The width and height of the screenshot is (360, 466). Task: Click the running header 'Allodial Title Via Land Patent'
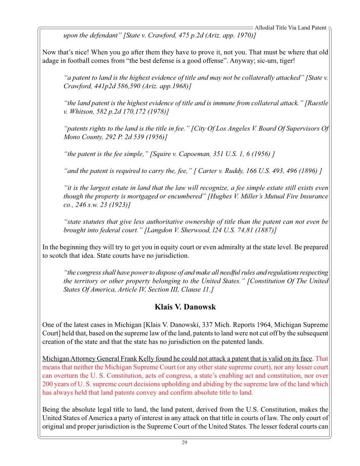click(x=291, y=28)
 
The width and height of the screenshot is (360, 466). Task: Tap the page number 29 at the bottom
click(x=184, y=443)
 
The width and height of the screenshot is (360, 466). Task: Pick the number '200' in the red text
click(x=49, y=384)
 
